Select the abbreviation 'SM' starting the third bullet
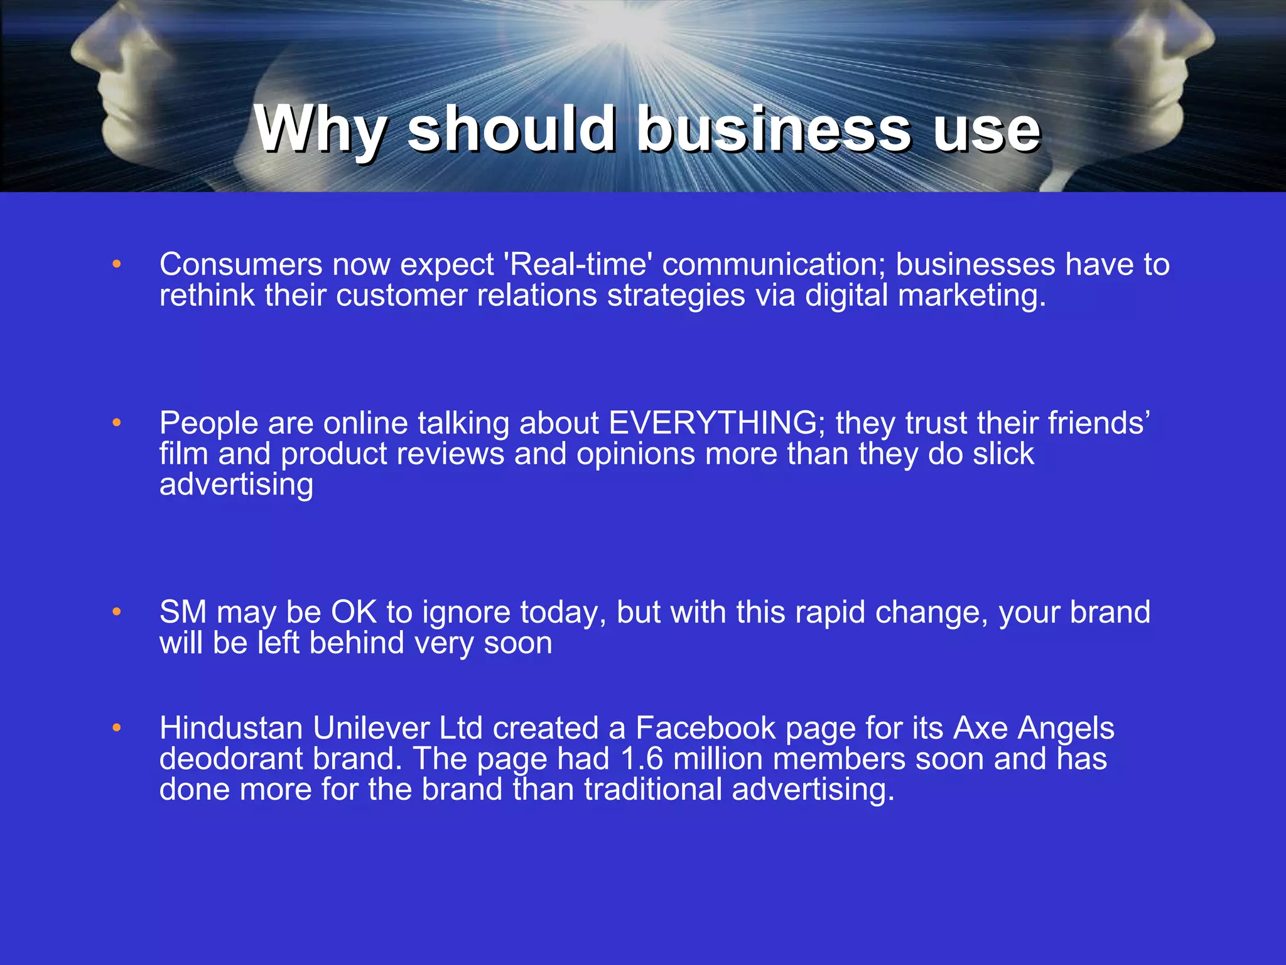coord(183,612)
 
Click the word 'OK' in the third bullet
coord(354,612)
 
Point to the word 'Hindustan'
coord(231,728)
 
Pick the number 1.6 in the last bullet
coord(641,759)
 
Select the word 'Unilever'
coord(370,728)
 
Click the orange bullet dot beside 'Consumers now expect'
coord(116,265)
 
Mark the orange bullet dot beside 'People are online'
coord(116,423)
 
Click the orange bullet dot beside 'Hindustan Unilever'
coord(116,729)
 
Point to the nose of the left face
coord(82,53)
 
